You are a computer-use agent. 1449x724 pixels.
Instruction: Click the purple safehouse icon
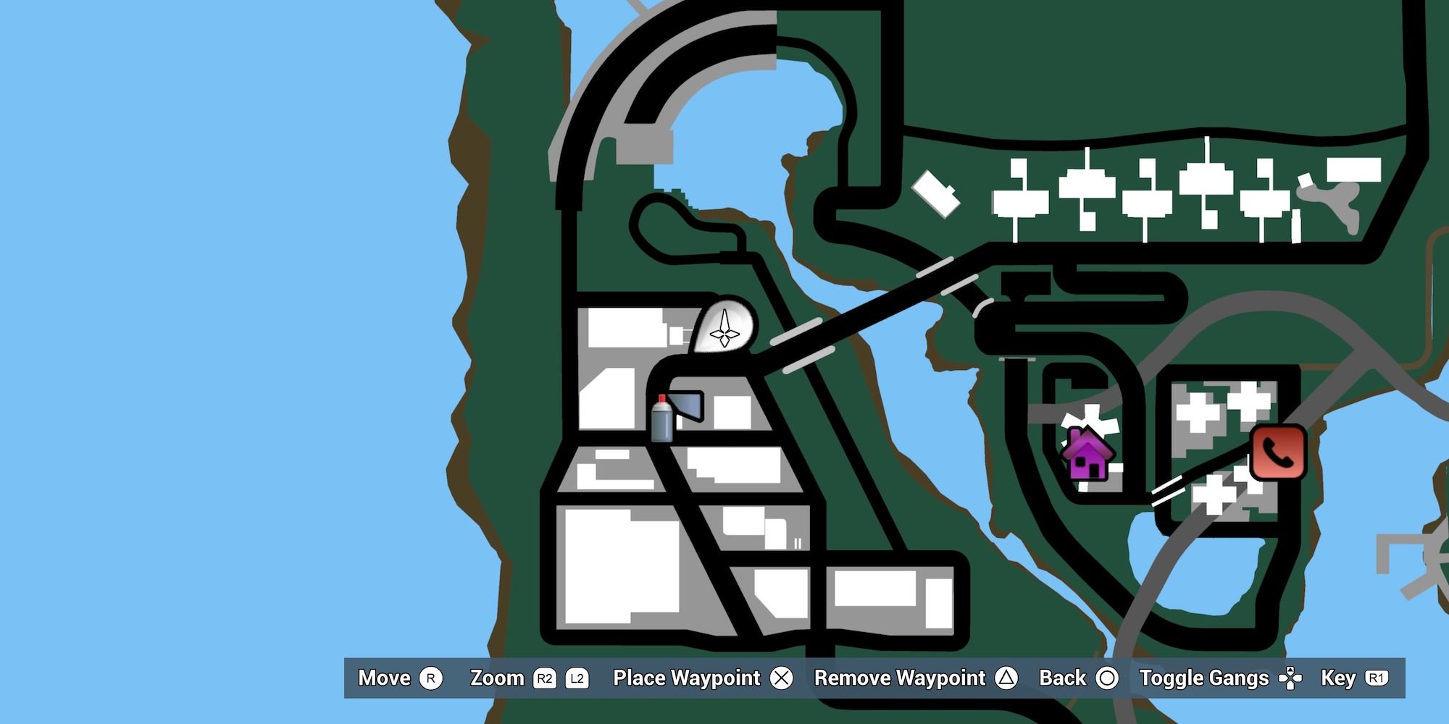[1087, 455]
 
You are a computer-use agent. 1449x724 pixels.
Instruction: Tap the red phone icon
[1279, 452]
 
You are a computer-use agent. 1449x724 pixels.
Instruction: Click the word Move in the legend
[384, 678]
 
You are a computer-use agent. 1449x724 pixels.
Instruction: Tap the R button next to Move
[430, 678]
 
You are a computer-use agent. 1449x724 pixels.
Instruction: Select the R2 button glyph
[544, 678]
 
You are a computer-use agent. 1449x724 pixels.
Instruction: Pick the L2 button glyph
[577, 678]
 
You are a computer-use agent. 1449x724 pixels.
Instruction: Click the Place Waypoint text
[686, 678]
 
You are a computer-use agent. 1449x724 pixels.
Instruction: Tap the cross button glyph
[781, 678]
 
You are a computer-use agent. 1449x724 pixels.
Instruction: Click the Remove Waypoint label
[899, 678]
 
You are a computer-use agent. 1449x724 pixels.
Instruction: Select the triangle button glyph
[1006, 678]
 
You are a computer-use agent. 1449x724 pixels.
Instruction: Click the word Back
[1062, 678]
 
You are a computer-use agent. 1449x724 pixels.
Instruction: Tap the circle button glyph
[1106, 678]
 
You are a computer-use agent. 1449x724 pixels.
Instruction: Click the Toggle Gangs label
[1203, 678]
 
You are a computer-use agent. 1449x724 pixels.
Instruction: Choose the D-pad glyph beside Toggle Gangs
[1290, 678]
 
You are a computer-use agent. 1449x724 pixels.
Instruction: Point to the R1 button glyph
[1377, 678]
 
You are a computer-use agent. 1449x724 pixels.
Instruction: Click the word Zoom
[497, 678]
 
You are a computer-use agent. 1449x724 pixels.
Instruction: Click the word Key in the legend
[1337, 678]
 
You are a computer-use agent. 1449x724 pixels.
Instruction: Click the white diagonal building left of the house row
[936, 193]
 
